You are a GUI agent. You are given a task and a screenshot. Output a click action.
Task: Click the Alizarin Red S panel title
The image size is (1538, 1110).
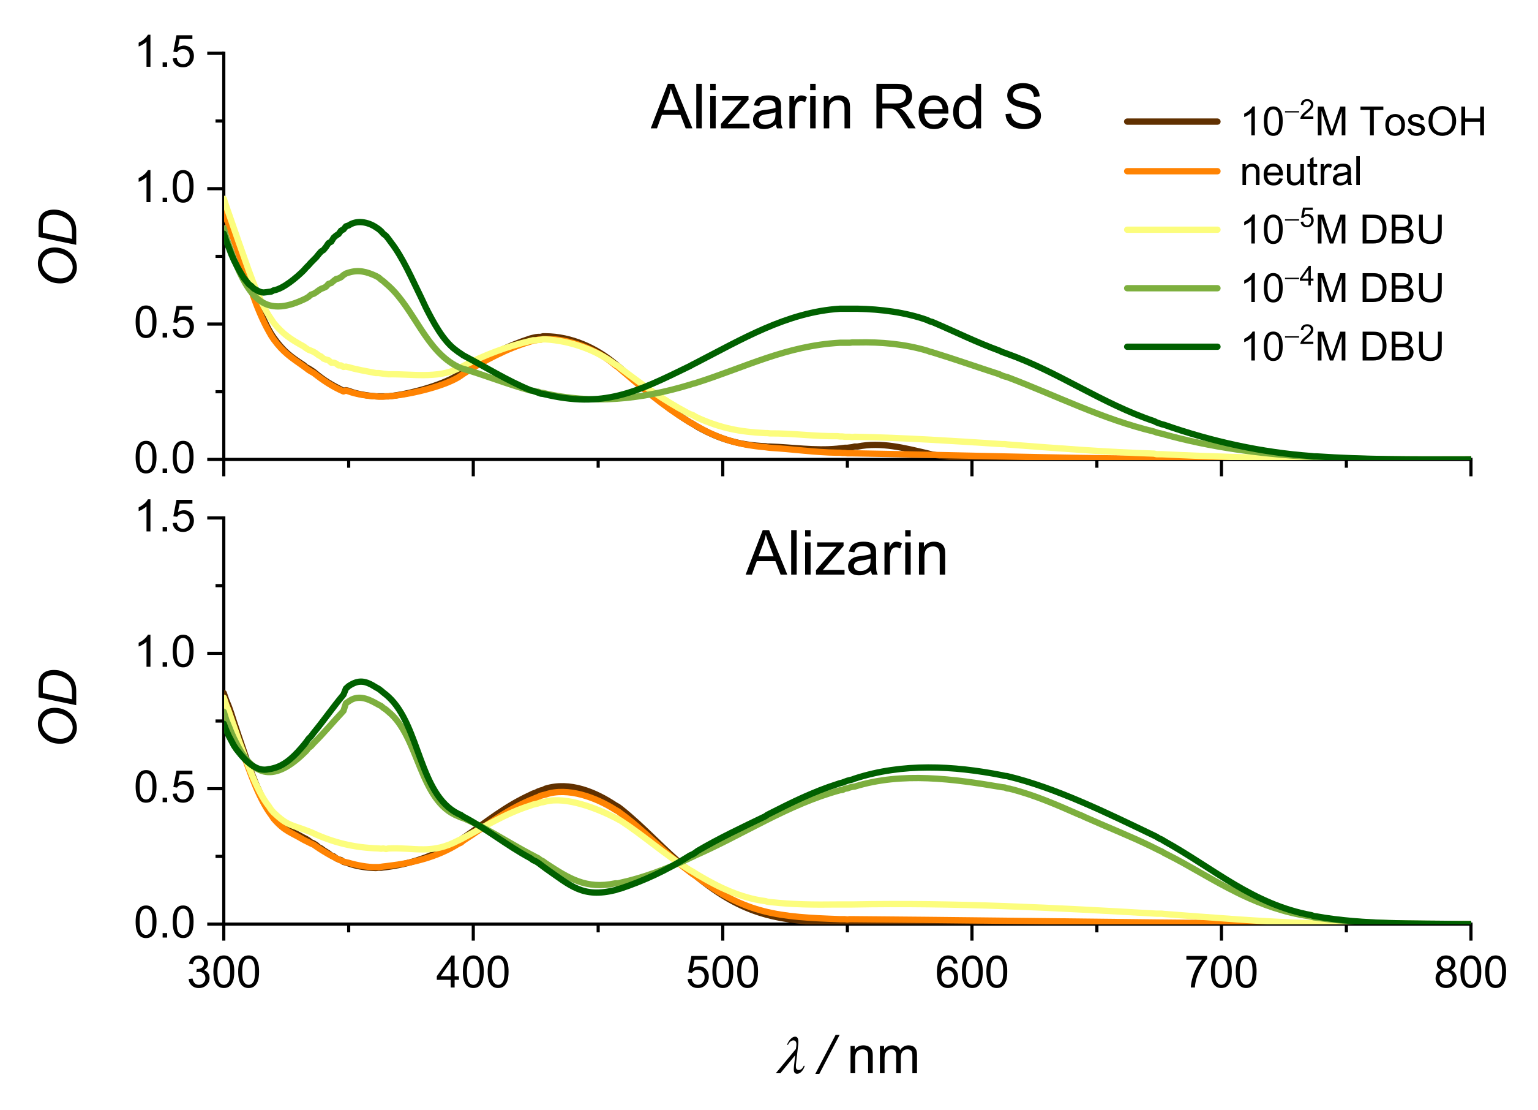click(x=846, y=108)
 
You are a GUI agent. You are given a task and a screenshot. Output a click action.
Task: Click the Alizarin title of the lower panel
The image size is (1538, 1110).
click(x=846, y=554)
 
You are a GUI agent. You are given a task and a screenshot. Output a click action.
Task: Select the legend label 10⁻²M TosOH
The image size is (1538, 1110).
click(x=1363, y=121)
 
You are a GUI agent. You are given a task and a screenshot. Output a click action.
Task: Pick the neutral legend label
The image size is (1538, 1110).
click(x=1300, y=172)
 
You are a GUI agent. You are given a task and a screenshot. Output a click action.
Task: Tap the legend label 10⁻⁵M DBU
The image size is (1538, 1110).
click(x=1341, y=229)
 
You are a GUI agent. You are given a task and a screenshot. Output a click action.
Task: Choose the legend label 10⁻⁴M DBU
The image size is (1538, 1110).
click(x=1341, y=288)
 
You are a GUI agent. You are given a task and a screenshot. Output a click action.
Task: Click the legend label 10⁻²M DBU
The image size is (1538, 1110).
click(x=1341, y=346)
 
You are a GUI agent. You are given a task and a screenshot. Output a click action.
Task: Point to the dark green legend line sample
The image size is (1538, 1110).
click(x=1172, y=347)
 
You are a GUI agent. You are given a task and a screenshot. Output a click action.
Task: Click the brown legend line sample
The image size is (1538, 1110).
click(x=1172, y=122)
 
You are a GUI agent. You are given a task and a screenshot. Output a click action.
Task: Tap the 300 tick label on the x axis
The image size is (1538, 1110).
click(x=224, y=974)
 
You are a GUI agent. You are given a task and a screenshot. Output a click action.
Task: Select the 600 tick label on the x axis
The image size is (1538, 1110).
click(x=971, y=974)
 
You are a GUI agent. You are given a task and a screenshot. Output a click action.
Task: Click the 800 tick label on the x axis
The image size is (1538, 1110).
click(x=1469, y=974)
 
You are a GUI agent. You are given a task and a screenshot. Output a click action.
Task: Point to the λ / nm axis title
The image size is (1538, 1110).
click(x=847, y=1057)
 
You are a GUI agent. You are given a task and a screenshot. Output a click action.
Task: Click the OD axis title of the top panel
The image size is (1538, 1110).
click(x=58, y=246)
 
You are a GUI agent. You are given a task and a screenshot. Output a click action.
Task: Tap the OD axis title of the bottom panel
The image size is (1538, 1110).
click(x=58, y=708)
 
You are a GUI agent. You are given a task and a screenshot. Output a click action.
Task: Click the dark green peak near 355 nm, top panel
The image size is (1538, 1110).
click(x=361, y=222)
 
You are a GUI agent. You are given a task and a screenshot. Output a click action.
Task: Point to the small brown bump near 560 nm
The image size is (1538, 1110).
click(x=876, y=445)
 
